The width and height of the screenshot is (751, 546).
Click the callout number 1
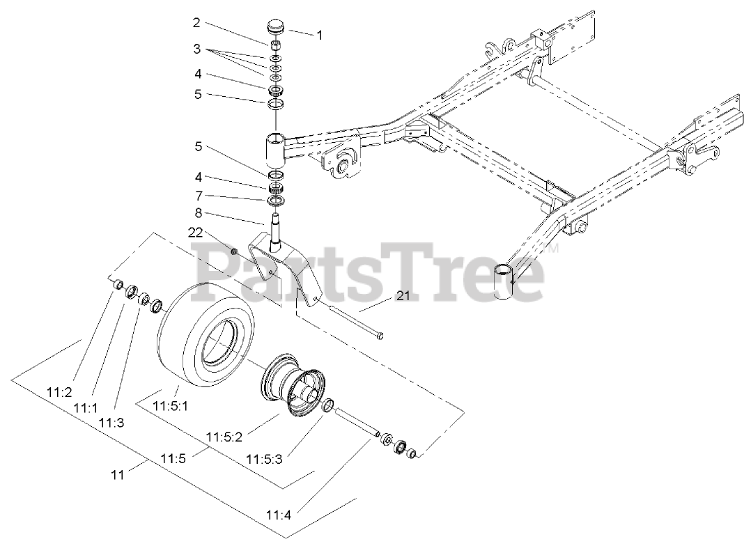(x=320, y=34)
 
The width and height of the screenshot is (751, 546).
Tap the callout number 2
(x=196, y=23)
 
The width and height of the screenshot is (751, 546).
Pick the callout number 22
(x=196, y=233)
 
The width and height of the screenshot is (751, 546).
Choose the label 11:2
(x=59, y=393)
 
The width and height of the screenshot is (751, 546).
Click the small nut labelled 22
(x=235, y=251)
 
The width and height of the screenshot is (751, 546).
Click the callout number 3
(x=196, y=50)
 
